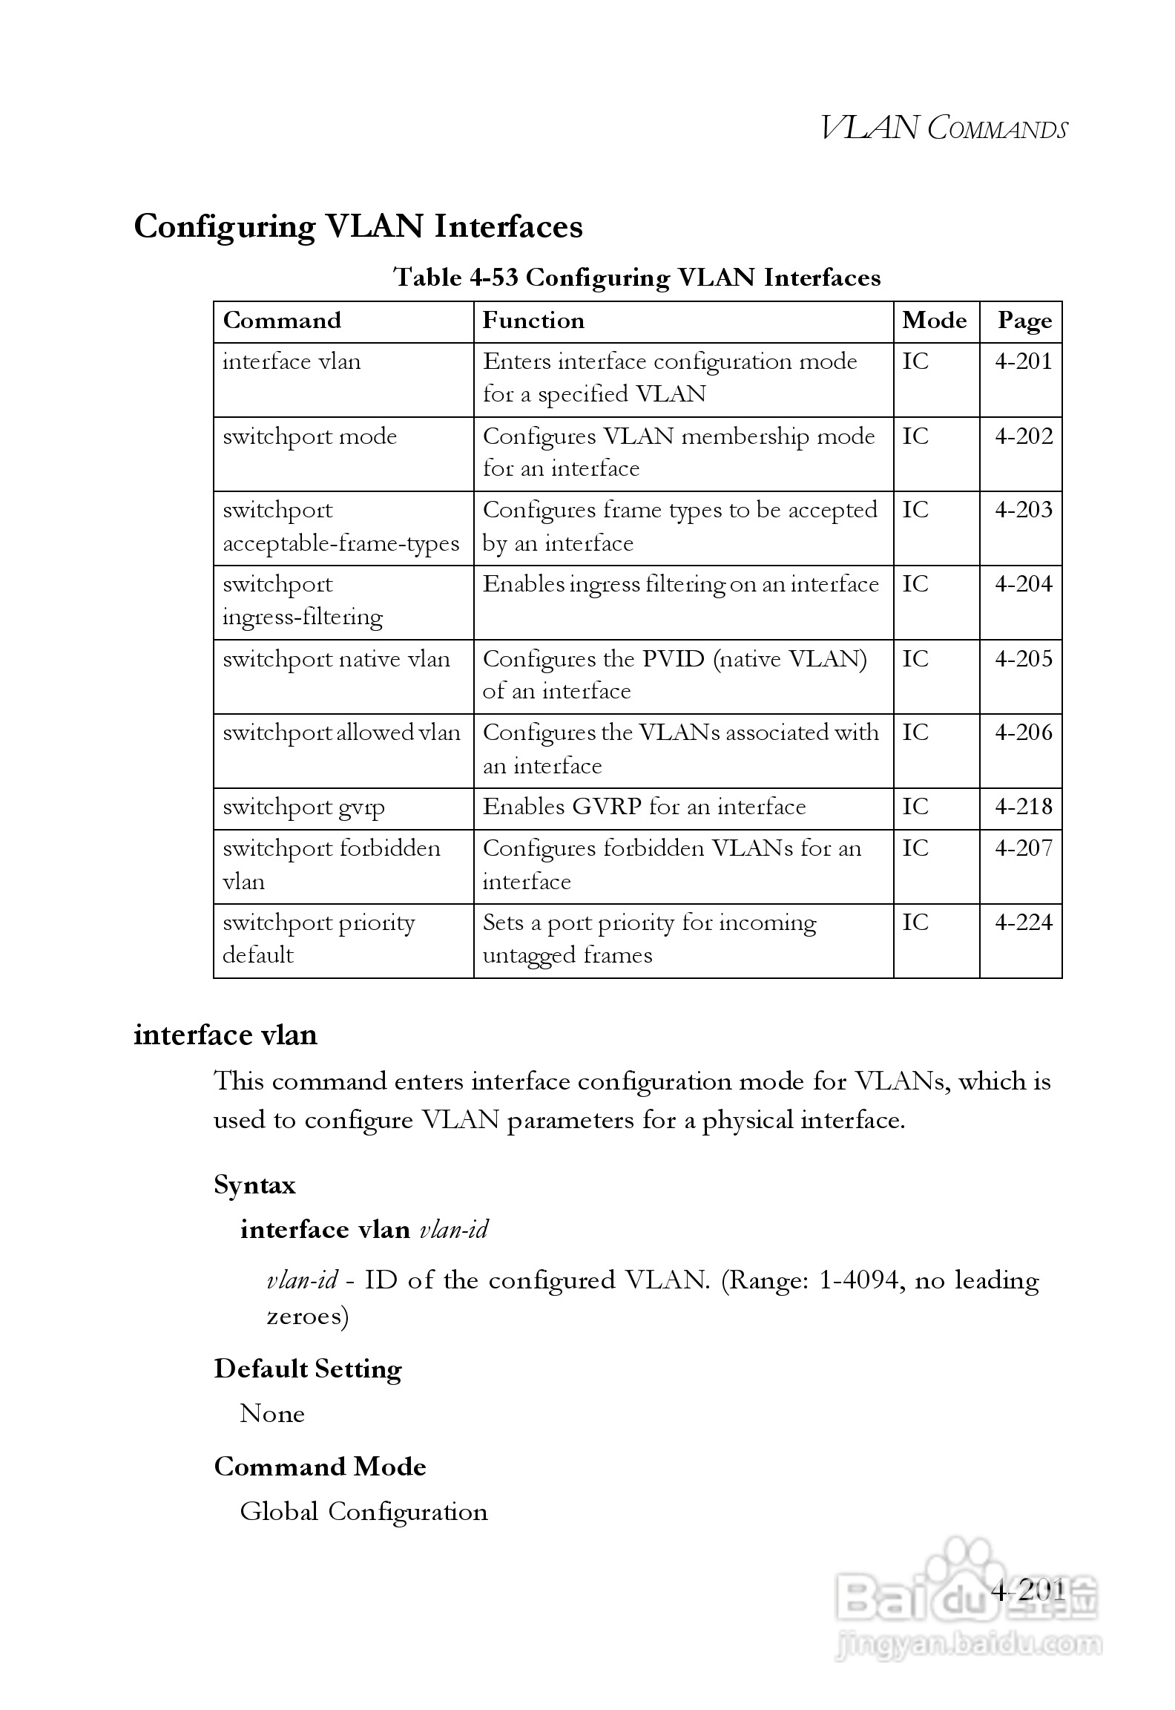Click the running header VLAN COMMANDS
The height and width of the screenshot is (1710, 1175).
944,128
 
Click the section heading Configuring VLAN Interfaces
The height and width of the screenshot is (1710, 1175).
358,226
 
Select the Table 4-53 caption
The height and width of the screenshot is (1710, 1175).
636,278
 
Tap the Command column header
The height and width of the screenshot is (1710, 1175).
282,321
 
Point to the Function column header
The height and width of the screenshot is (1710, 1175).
533,321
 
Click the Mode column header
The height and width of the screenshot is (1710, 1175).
934,321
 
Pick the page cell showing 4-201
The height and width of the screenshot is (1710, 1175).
1023,362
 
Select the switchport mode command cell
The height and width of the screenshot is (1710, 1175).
310,436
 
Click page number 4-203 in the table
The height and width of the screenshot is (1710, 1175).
1023,510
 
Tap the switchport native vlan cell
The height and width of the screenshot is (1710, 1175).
336,659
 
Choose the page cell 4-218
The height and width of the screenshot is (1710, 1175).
1023,807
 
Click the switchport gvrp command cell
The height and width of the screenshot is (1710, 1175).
303,807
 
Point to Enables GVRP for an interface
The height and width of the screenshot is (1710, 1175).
644,807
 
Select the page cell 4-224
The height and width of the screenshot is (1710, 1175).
1023,923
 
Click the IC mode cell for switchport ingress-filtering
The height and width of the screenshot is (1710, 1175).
915,584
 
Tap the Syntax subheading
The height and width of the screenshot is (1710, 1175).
254,1185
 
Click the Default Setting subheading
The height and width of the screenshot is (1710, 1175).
308,1369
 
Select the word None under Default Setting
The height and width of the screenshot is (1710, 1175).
271,1414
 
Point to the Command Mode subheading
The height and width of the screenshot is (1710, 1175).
320,1467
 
